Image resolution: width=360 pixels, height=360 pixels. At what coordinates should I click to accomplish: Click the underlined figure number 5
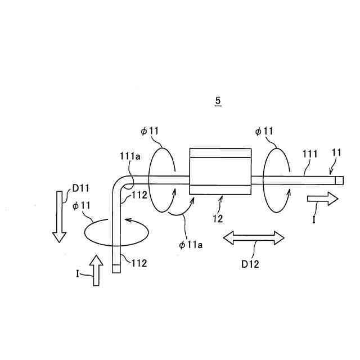point(218,101)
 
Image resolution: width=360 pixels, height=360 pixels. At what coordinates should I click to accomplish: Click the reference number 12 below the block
point(217,218)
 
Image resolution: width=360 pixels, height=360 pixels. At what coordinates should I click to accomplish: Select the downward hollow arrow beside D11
point(58,216)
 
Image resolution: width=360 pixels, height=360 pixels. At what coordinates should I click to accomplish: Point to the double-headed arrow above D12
point(254,238)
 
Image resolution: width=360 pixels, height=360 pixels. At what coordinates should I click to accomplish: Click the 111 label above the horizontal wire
point(310,154)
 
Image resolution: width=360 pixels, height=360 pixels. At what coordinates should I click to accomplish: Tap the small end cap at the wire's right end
point(339,180)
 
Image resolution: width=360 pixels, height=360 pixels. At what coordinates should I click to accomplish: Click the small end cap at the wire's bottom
point(116,269)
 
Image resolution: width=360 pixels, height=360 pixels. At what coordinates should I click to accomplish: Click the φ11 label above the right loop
point(264,131)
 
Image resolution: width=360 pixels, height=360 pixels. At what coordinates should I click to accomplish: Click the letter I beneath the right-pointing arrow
point(314,220)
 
